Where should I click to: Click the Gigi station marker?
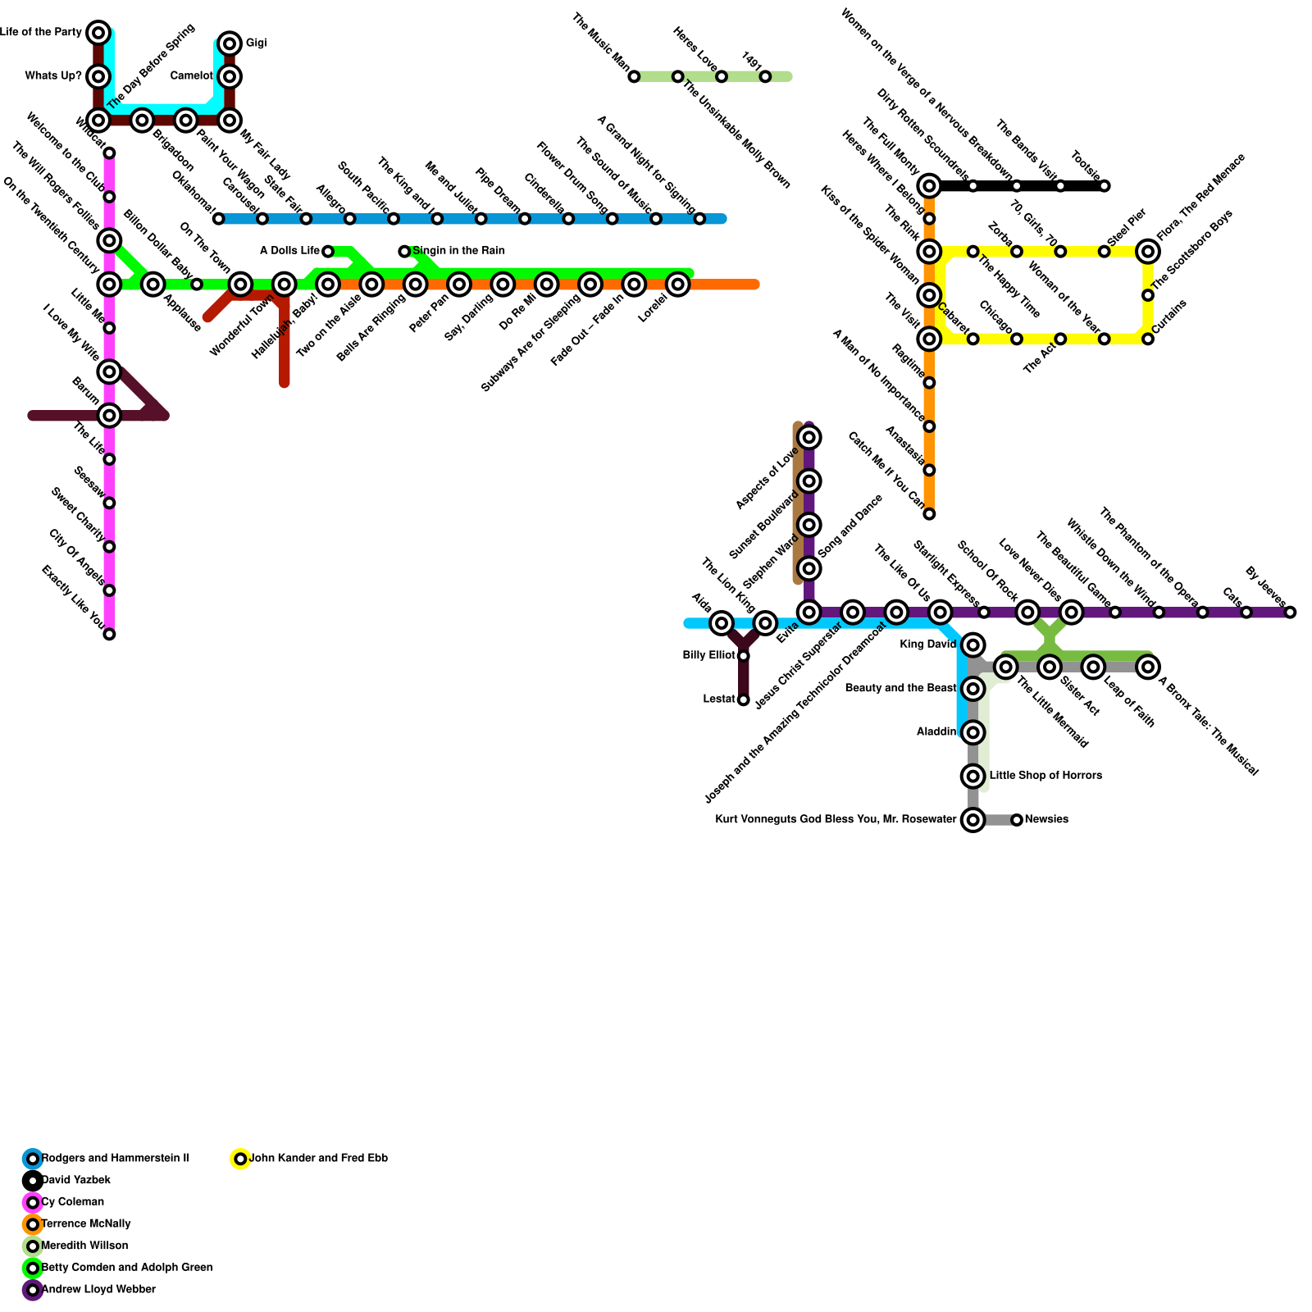point(230,43)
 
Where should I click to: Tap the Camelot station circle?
point(230,76)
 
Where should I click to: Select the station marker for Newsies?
point(1017,820)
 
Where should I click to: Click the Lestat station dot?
point(743,699)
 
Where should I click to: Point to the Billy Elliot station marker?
point(743,656)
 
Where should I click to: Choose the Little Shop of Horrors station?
point(973,776)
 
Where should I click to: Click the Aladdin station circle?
point(973,732)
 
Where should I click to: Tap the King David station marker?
point(973,645)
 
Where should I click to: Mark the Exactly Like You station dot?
point(109,634)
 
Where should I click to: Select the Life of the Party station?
point(98,33)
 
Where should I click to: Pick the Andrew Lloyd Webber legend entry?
point(98,1289)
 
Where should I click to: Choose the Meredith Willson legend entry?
point(84,1246)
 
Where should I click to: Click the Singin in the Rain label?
point(458,251)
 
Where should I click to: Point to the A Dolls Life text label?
point(289,251)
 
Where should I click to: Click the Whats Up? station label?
point(53,76)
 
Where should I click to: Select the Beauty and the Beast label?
point(900,689)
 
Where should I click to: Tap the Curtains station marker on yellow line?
point(1148,339)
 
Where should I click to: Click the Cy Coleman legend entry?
point(72,1202)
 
